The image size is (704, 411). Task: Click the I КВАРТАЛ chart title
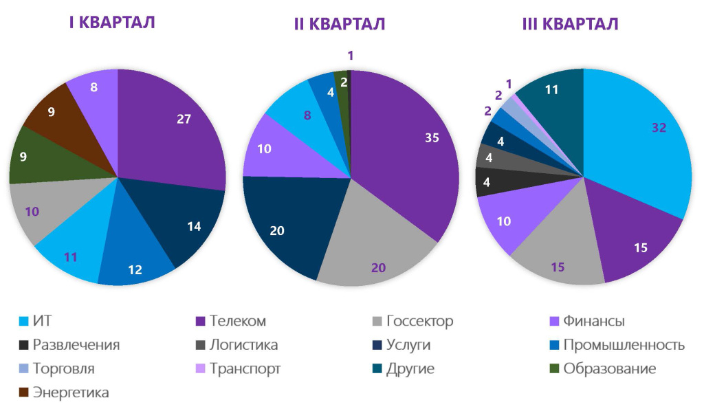[x=111, y=22]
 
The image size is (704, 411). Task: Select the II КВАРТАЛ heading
[x=340, y=24]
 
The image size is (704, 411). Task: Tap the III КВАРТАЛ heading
[x=570, y=24]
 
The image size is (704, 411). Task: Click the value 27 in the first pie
[x=184, y=118]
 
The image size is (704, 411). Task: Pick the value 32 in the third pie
[x=659, y=127]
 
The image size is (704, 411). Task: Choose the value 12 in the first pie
[x=135, y=269]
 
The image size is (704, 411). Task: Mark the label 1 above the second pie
[x=350, y=55]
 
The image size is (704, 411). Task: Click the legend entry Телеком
[x=238, y=321]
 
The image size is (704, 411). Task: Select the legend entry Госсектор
[x=419, y=321]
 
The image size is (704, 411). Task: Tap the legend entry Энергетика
[x=71, y=392]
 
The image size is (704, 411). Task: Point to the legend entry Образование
[x=609, y=368]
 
